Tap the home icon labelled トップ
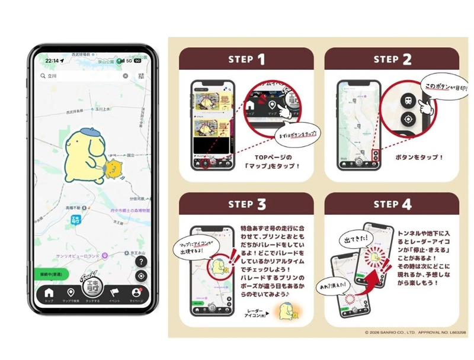(x=49, y=293)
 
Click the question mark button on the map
(x=141, y=261)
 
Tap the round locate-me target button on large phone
(x=141, y=277)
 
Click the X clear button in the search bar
(x=126, y=76)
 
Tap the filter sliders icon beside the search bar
(x=142, y=76)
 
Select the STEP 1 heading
(x=246, y=59)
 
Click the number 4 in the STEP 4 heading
(x=409, y=204)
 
